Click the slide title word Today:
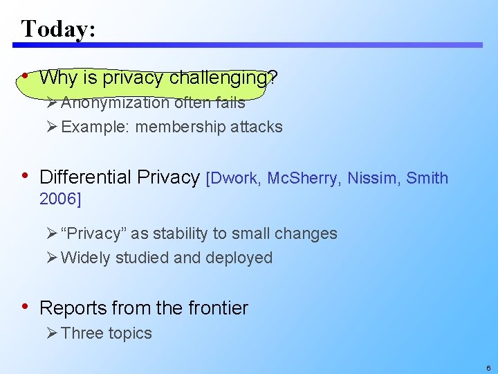[x=58, y=28]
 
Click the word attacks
[x=257, y=127]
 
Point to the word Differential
[x=85, y=177]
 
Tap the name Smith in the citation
[x=427, y=179]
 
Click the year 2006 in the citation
[x=57, y=199]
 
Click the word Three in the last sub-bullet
[x=82, y=333]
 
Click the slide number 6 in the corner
[x=488, y=368]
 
